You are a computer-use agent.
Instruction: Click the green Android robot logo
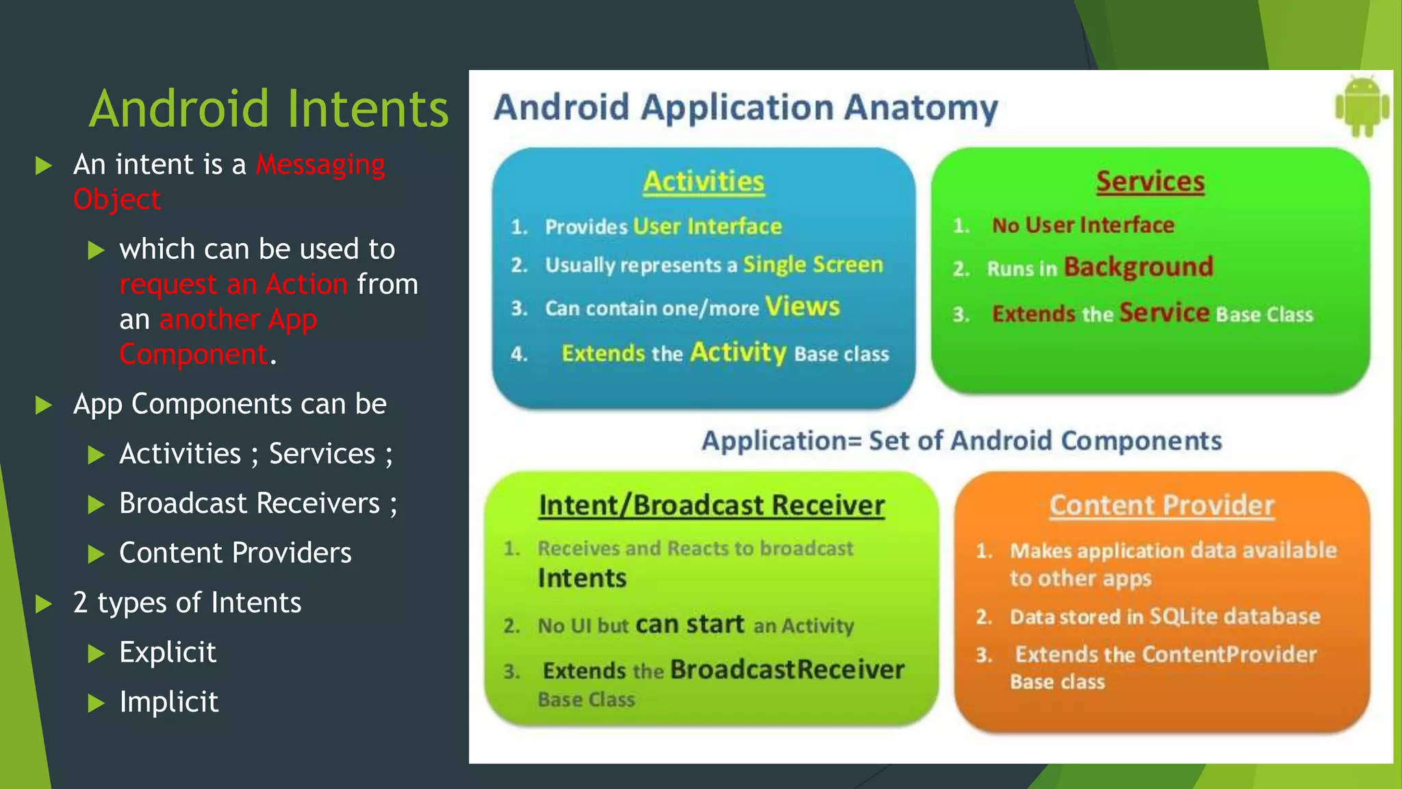click(1362, 107)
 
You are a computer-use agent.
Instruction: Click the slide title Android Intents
click(269, 109)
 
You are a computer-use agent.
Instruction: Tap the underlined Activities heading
click(703, 181)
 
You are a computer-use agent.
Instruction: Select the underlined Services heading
click(1150, 181)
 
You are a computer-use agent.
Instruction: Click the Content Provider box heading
click(1162, 505)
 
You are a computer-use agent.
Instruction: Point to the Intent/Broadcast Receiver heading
click(711, 505)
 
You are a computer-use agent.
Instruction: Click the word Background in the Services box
click(1138, 266)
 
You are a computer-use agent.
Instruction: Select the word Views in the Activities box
click(802, 306)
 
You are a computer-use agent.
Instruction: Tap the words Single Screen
click(813, 264)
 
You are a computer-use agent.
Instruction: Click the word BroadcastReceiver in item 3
click(787, 669)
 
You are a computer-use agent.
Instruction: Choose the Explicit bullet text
click(168, 652)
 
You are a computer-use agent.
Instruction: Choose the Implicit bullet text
click(168, 702)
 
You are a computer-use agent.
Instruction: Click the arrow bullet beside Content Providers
click(97, 553)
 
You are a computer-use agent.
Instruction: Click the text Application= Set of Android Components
click(961, 440)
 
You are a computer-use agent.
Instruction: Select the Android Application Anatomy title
click(745, 108)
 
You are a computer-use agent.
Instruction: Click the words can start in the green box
click(689, 624)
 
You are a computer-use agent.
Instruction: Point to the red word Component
click(193, 354)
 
